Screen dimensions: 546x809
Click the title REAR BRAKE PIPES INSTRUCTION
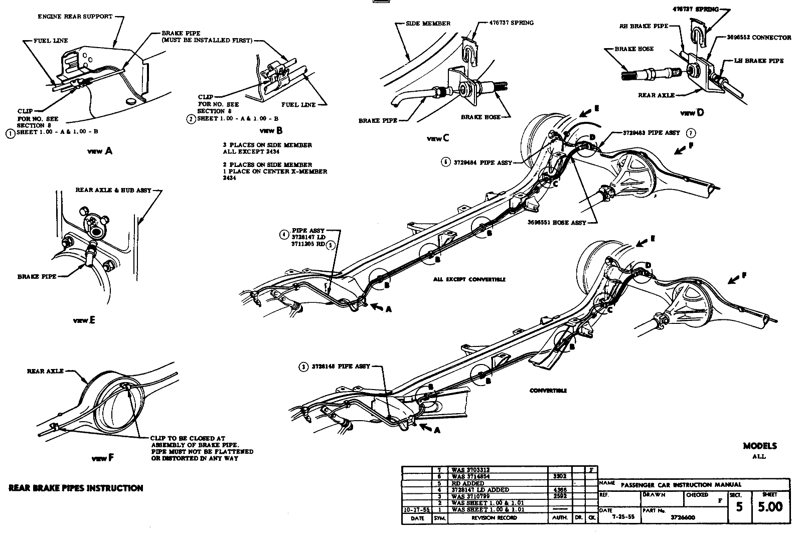click(x=76, y=488)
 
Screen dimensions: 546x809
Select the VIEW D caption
click(x=692, y=113)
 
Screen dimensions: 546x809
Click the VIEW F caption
click(x=103, y=458)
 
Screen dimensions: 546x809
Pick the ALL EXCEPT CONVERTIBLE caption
click(x=469, y=279)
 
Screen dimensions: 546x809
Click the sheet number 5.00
click(x=770, y=507)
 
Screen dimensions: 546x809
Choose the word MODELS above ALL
click(x=759, y=446)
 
